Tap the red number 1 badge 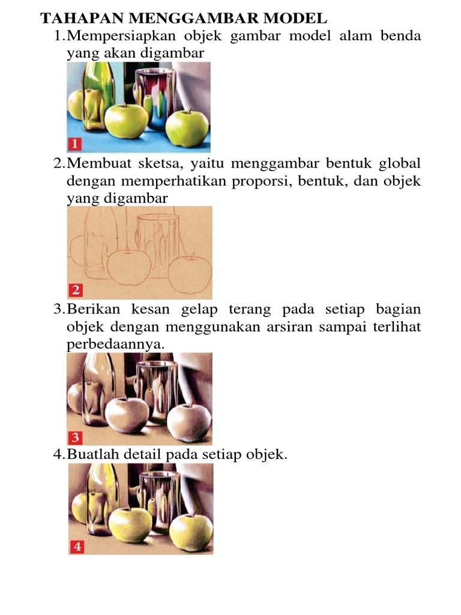pyautogui.click(x=75, y=144)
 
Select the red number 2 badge pyautogui.click(x=75, y=291)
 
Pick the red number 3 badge pyautogui.click(x=76, y=437)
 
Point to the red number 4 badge pyautogui.click(x=77, y=547)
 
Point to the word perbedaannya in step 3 pyautogui.click(x=115, y=345)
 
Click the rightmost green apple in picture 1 pyautogui.click(x=187, y=129)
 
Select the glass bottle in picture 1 pyautogui.click(x=94, y=96)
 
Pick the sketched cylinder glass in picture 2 pyautogui.click(x=157, y=243)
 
